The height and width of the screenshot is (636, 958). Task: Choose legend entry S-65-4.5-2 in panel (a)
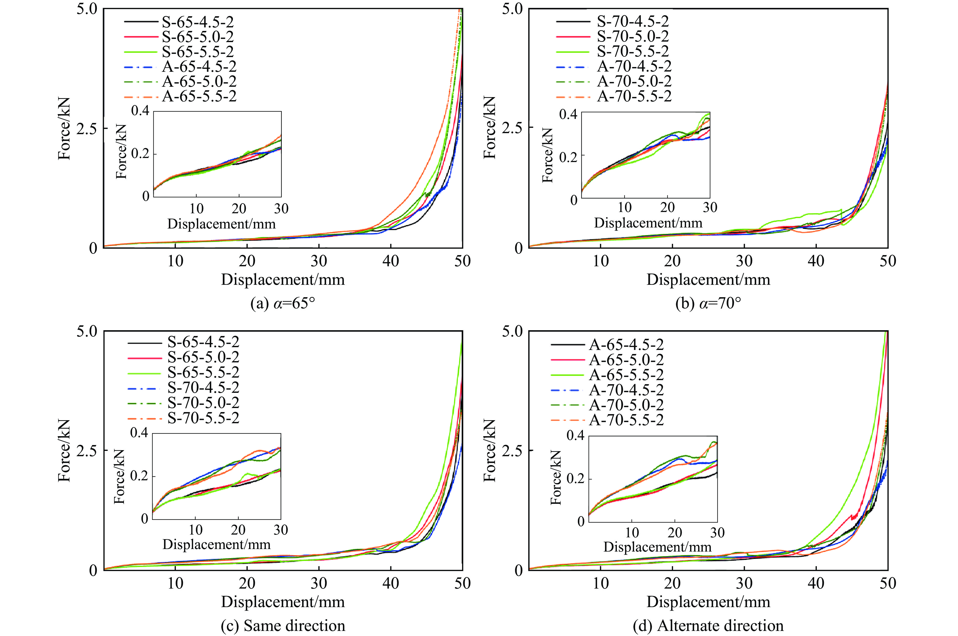(x=198, y=22)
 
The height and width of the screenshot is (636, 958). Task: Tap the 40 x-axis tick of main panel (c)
(x=391, y=583)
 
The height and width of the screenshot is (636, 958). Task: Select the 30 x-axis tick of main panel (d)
(x=744, y=583)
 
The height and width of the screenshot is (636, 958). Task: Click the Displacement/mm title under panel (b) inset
(x=648, y=223)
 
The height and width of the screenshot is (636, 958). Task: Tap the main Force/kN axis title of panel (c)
(x=64, y=450)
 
